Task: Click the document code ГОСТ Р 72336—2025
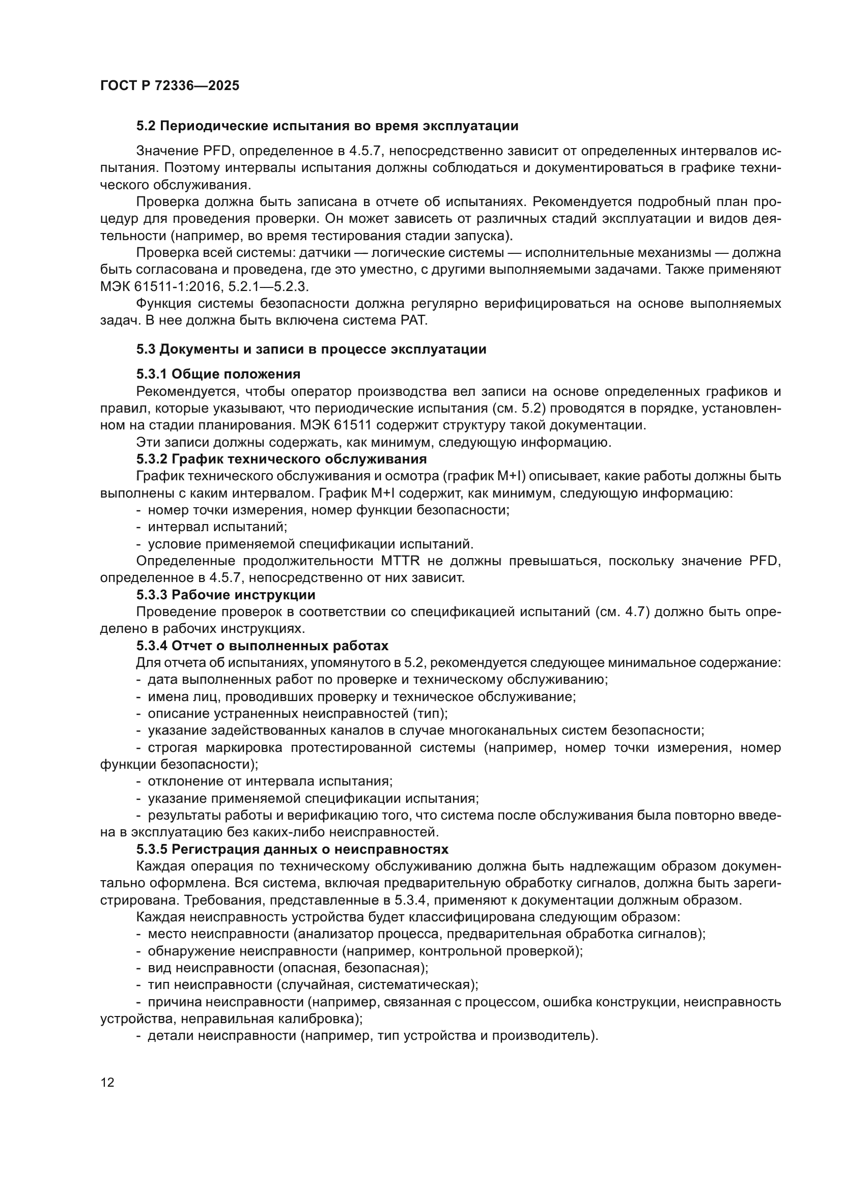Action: pyautogui.click(x=170, y=86)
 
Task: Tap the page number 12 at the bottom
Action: pyautogui.click(x=107, y=1083)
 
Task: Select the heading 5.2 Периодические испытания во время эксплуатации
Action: pyautogui.click(x=327, y=126)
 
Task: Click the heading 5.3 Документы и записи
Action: pyautogui.click(x=311, y=350)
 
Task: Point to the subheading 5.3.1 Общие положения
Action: pyautogui.click(x=218, y=374)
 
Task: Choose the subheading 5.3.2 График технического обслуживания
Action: pyautogui.click(x=282, y=459)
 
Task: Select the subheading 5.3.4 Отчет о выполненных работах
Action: pyautogui.click(x=262, y=646)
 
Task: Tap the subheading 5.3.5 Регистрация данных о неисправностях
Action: pyautogui.click(x=292, y=850)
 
